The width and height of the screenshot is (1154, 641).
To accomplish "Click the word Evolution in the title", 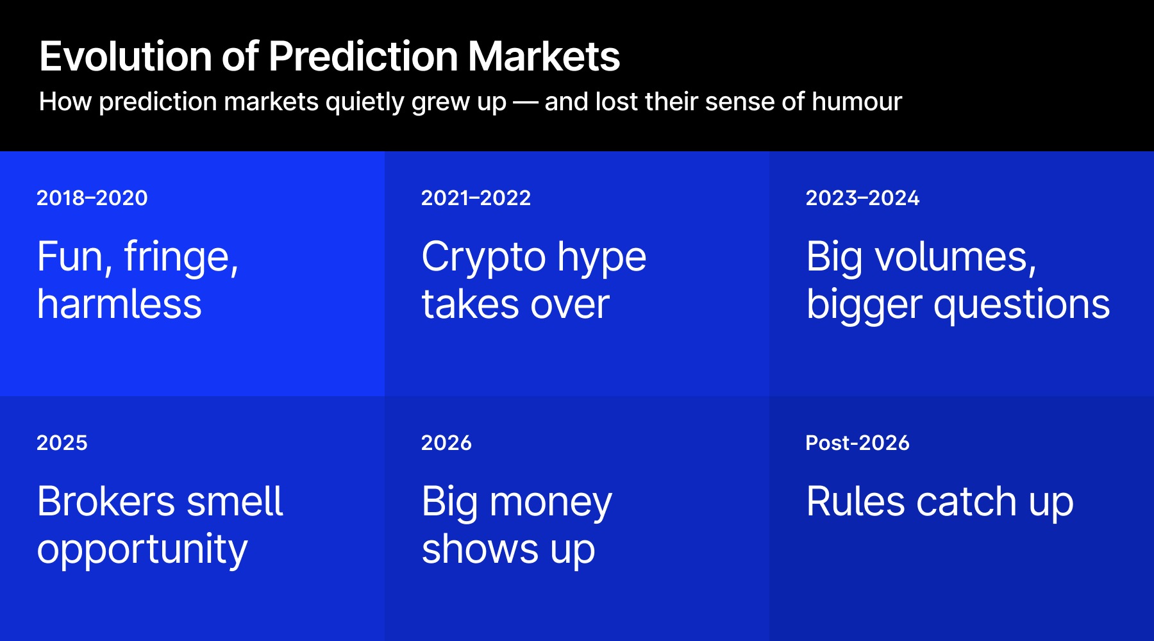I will tap(125, 56).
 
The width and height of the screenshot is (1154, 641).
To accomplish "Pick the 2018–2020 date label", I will tap(92, 198).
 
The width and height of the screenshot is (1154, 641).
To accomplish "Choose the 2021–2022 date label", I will tap(476, 198).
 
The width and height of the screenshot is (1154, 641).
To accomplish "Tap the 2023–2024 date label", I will tap(862, 198).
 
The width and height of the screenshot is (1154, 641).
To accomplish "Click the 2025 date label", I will tap(62, 443).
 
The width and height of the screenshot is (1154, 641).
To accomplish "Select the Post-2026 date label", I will tap(857, 443).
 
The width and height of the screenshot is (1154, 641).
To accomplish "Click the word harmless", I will tap(119, 304).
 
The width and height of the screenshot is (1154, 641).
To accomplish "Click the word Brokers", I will tap(106, 501).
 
